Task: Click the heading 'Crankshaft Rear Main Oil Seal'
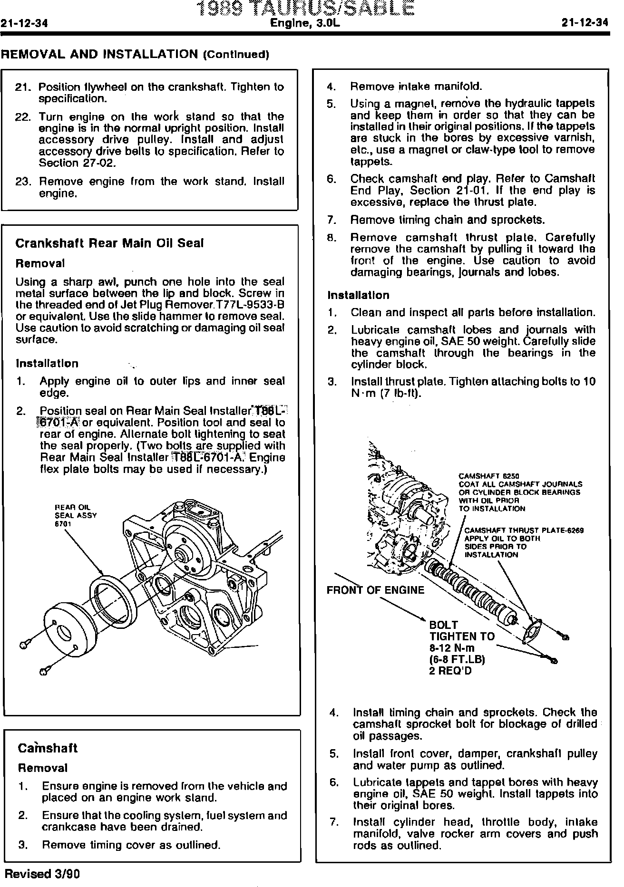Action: tap(109, 243)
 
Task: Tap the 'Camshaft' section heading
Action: tap(48, 748)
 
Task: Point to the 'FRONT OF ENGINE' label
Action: tap(375, 590)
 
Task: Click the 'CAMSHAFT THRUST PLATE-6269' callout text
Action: tap(524, 530)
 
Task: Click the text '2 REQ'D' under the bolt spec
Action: tap(450, 671)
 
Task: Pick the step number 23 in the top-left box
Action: tap(23, 182)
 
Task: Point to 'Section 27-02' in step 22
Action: tap(77, 163)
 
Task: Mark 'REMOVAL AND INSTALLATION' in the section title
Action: tap(99, 54)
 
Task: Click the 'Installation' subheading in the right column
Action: tap(358, 295)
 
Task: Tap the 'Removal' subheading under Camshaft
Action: tap(43, 768)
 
